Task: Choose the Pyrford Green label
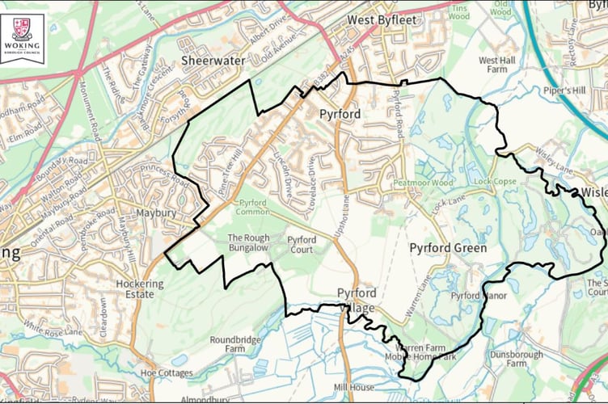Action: click(448, 248)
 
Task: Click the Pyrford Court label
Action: click(302, 244)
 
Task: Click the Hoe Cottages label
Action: click(167, 373)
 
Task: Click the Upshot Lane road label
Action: click(345, 217)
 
